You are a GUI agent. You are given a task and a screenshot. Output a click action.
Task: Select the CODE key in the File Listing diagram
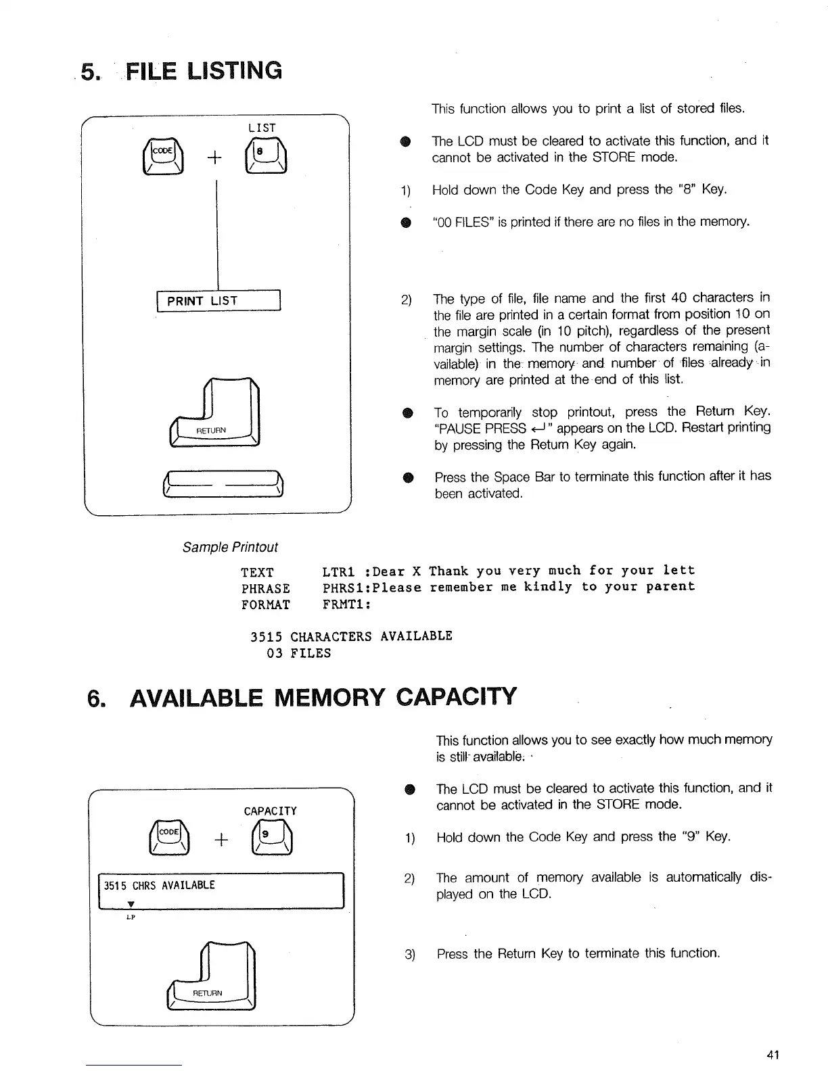pyautogui.click(x=162, y=158)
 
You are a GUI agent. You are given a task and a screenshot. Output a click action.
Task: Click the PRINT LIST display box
pyautogui.click(x=218, y=301)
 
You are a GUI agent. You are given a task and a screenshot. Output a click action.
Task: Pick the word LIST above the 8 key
pyautogui.click(x=262, y=128)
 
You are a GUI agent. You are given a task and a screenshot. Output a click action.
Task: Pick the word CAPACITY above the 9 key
pyautogui.click(x=270, y=811)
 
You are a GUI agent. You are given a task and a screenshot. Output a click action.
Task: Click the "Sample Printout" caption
pyautogui.click(x=230, y=547)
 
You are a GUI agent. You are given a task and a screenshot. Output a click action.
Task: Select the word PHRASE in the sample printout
pyautogui.click(x=266, y=588)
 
